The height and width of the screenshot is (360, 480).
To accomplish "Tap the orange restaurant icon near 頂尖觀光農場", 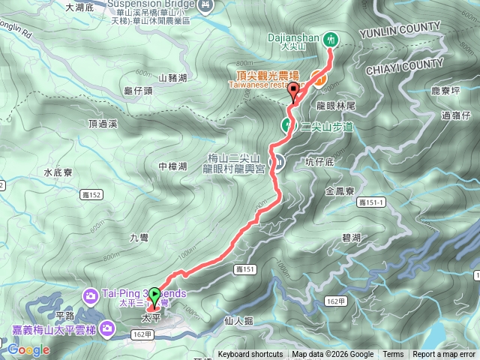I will tap(319, 77).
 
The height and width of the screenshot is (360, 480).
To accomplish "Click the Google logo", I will tap(28, 349).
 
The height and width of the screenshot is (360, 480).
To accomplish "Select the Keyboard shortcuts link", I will tap(250, 355).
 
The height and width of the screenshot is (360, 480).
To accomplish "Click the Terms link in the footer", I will tap(393, 355).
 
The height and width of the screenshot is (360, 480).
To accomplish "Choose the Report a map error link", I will tap(444, 355).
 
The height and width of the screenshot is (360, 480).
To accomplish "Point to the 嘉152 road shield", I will tap(88, 194).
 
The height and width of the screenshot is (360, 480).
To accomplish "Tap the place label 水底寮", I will tap(57, 172).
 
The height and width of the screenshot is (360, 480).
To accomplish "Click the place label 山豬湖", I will tap(173, 76).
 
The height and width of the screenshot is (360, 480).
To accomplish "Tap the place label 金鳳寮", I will tap(339, 191).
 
